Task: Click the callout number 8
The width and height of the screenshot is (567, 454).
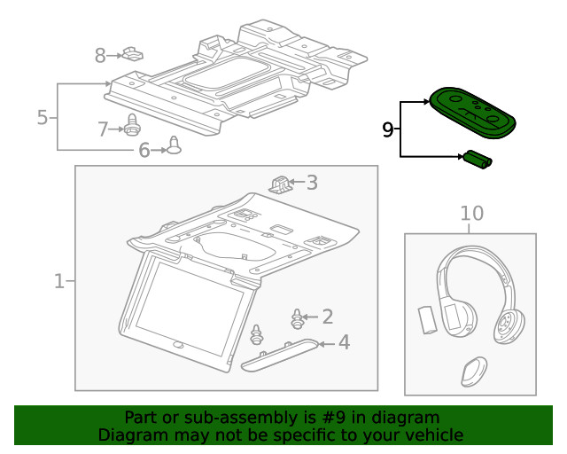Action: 100,56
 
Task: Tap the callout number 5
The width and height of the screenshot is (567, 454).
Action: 42,117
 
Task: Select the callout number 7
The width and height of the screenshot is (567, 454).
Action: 103,129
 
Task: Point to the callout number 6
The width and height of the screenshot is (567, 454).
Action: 144,151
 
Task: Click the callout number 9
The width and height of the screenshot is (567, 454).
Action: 387,130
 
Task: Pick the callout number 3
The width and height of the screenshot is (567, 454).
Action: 312,184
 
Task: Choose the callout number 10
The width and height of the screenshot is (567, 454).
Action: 472,213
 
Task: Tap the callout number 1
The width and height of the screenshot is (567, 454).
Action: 59,282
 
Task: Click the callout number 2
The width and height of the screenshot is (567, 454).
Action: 327,316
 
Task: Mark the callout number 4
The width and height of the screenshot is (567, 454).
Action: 344,341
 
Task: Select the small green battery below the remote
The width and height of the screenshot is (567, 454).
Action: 478,160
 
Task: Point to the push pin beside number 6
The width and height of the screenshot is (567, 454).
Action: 174,146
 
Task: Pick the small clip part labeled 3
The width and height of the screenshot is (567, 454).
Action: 281,184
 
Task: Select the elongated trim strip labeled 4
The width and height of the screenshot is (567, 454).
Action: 278,352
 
